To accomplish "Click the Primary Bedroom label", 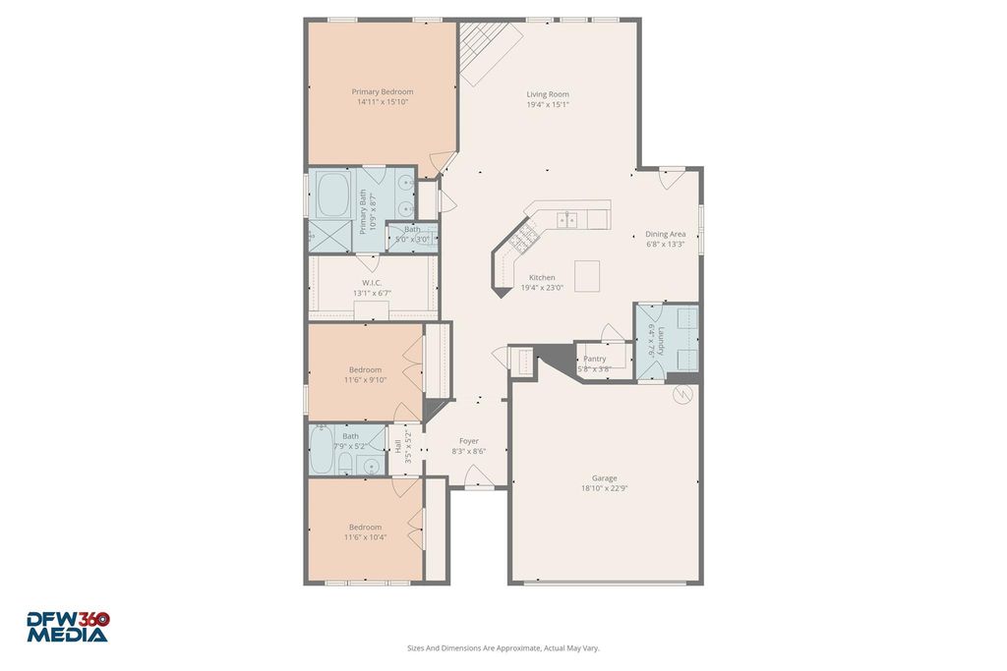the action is point(383,91).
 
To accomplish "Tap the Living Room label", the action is point(548,94).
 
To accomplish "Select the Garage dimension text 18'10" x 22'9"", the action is point(605,488).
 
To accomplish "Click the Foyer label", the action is point(469,441).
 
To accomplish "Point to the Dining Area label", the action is point(666,234).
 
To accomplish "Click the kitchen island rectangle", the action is point(587,276).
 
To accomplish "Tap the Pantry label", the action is point(595,359).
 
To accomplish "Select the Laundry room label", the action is point(661,341).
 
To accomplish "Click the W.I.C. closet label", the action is point(372,283).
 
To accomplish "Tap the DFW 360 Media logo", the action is point(68,627).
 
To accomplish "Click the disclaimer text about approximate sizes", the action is point(503,647).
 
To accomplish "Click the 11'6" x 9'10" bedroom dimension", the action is point(366,380).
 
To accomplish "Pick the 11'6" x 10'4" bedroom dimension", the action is point(366,537).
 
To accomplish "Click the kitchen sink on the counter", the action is point(567,220).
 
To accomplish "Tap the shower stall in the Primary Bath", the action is point(330,236).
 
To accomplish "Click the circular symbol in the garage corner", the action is point(681,395).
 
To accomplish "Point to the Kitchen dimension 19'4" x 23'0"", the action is point(542,288).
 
